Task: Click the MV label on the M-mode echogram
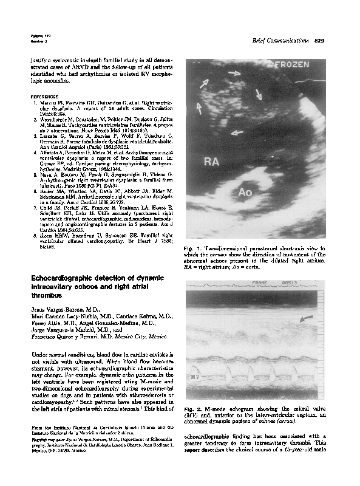pos(194,378)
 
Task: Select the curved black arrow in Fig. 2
pos(308,317)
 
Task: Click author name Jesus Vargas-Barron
pos(56,309)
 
